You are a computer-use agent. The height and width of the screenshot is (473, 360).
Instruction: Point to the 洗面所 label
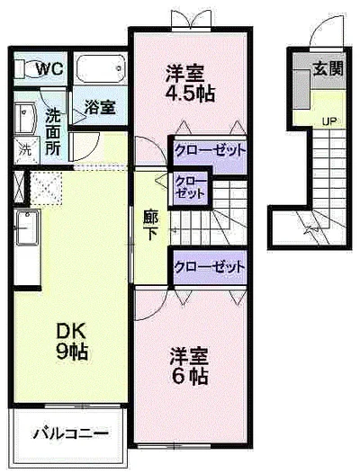tap(53, 131)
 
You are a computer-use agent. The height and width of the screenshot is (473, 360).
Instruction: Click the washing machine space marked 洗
tap(24, 147)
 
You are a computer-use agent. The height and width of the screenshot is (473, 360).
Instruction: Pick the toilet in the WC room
tap(24, 68)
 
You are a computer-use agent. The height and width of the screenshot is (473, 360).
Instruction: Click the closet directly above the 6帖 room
tap(210, 266)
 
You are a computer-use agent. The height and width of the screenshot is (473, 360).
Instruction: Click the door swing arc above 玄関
tap(317, 36)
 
